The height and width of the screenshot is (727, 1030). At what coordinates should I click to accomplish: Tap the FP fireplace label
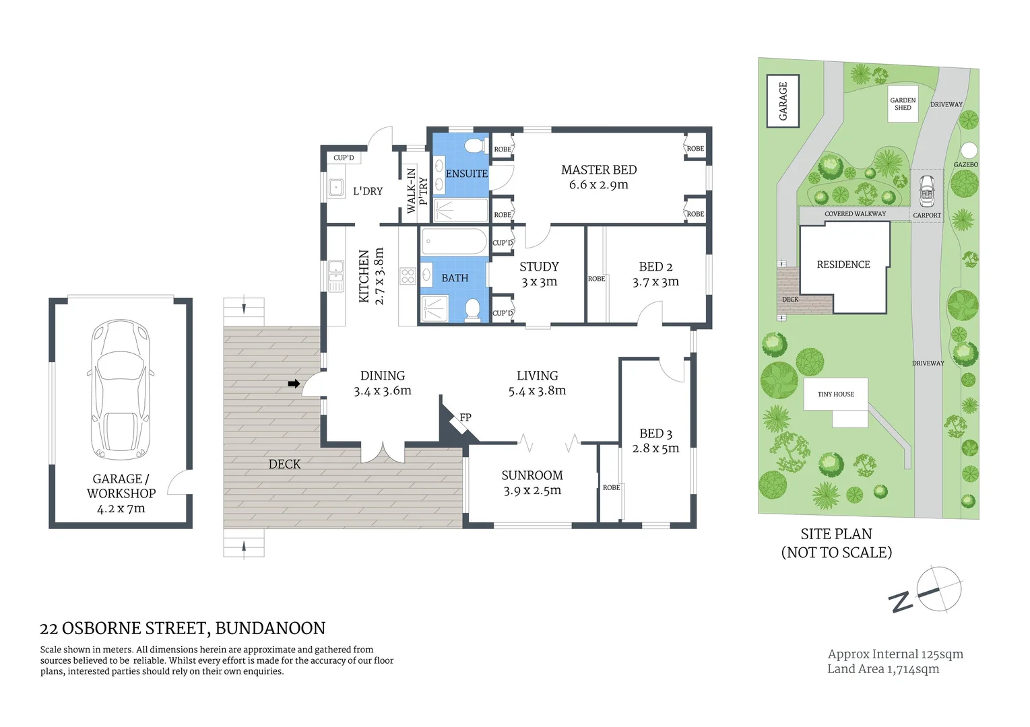[x=465, y=417]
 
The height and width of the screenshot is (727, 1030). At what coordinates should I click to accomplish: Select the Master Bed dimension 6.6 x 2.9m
[x=598, y=185]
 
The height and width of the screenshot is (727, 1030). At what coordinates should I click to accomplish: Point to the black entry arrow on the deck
[x=294, y=384]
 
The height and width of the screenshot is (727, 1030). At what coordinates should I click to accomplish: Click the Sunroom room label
[x=532, y=475]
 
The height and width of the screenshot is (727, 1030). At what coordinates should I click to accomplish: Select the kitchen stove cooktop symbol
[x=408, y=275]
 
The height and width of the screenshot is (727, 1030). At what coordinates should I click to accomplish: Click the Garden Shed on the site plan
[x=903, y=104]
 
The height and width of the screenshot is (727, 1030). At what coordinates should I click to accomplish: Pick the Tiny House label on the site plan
[x=835, y=394]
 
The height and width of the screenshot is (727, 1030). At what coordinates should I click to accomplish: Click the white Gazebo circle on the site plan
[x=968, y=149]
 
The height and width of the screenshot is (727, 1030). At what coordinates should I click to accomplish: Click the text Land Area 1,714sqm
[x=883, y=669]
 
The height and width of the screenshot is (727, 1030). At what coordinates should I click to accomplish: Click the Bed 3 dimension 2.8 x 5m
[x=655, y=448]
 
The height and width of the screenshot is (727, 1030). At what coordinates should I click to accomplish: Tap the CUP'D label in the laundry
[x=344, y=158]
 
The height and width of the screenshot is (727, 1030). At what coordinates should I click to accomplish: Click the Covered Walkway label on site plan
[x=855, y=214]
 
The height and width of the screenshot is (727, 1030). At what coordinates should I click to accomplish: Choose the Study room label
[x=539, y=267]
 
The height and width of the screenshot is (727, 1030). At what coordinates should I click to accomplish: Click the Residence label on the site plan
[x=843, y=265]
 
